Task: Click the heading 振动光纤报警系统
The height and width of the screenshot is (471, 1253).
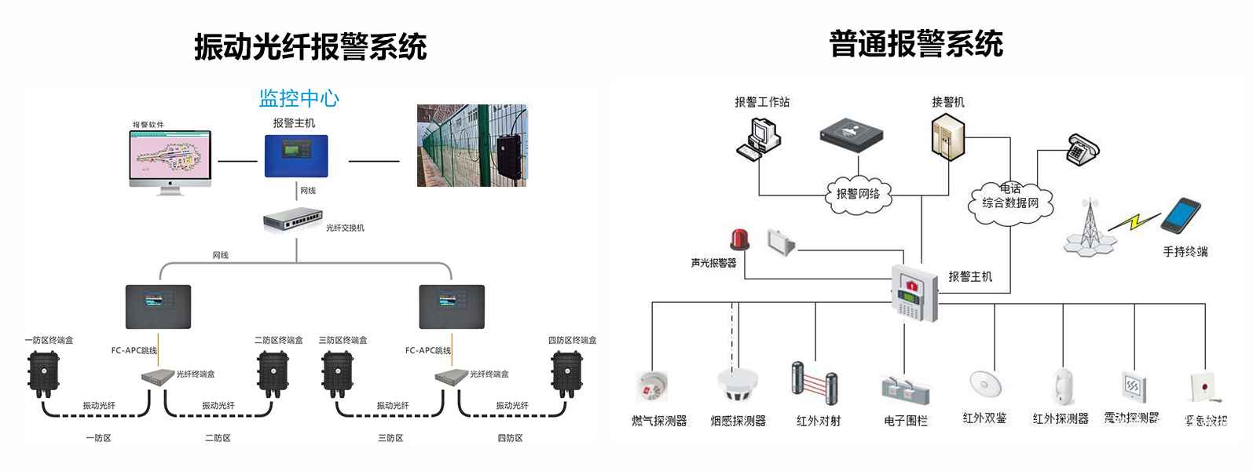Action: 310,47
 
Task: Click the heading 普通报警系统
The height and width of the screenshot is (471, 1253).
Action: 916,44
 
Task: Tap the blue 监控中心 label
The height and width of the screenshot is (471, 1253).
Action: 299,98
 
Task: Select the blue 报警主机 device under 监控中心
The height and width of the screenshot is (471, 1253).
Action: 296,156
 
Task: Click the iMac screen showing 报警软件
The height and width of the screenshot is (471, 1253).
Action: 170,156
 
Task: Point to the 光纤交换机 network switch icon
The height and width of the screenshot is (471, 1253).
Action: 293,219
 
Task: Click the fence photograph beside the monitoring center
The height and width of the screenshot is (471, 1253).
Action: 472,146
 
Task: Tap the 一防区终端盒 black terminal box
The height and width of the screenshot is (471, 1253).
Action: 43,373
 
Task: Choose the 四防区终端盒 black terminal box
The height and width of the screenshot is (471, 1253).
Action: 567,373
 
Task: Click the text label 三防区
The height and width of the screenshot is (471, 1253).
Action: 390,438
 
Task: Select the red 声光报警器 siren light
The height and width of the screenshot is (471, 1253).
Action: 739,239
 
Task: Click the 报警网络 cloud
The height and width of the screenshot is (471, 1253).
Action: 858,194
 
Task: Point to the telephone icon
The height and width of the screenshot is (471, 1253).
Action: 1083,148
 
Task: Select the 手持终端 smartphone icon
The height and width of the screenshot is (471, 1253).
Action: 1182,217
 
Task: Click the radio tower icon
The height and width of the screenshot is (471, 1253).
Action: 1089,225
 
